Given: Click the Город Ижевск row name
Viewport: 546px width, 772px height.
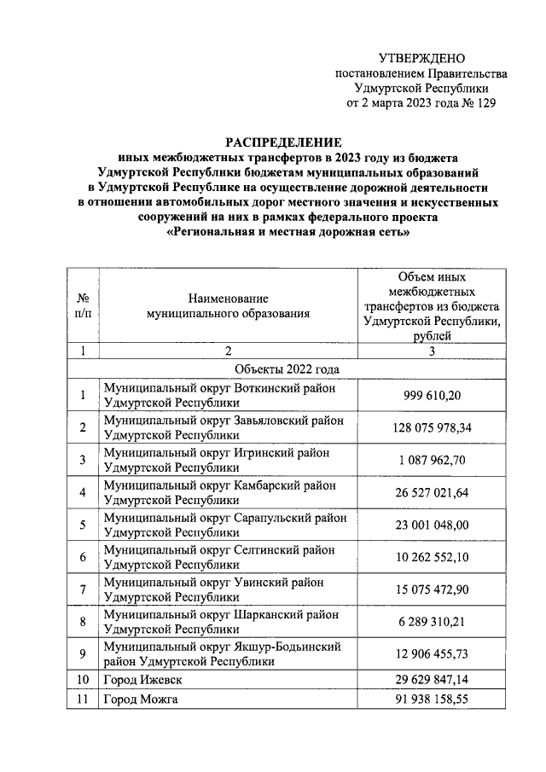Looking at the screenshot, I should click(142, 680).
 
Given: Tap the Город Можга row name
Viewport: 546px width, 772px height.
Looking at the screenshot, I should click(141, 699).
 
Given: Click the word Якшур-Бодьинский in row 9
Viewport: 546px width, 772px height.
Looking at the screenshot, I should click(288, 647).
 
